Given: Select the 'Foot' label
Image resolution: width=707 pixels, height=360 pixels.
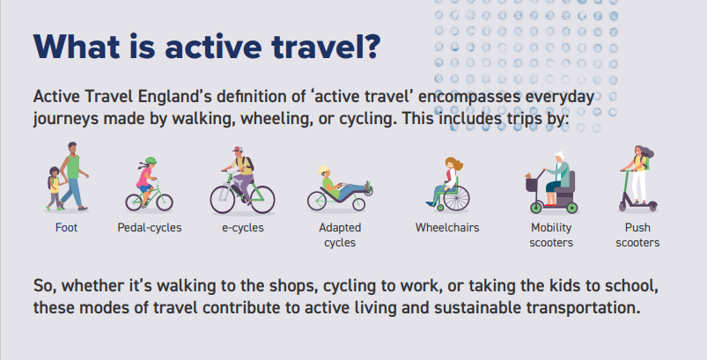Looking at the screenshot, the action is point(66,228).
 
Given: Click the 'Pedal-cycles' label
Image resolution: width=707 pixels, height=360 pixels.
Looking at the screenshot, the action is point(150,228).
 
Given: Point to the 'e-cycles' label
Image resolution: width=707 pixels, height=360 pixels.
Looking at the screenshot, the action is point(243,228).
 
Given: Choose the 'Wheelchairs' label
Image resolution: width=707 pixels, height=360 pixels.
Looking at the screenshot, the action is point(447,228).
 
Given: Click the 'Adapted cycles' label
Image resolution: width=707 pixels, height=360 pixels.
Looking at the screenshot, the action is point(340,235).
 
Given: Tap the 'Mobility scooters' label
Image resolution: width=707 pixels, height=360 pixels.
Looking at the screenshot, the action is point(551,235).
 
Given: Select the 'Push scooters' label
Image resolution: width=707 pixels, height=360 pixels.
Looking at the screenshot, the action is point(637,235).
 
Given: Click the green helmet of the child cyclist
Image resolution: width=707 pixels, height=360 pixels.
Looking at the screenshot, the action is point(151,160).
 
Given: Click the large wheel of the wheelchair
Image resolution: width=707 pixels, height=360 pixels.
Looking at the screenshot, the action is point(456,198).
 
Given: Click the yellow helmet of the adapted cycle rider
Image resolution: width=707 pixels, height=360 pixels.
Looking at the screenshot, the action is point(323,169).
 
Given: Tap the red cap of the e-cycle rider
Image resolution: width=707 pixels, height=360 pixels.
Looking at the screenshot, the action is point(238,149).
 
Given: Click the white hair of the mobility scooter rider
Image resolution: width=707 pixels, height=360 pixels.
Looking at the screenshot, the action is point(560,156).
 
